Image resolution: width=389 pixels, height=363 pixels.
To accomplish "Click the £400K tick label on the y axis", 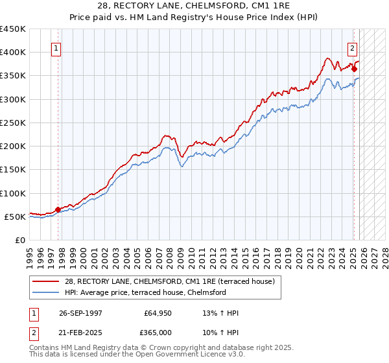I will (13, 53).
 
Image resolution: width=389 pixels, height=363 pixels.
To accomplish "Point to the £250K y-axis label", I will (13, 123).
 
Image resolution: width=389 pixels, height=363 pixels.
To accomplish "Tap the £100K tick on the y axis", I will (13, 193).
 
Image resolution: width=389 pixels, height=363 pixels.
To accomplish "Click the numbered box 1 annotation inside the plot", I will (56, 48).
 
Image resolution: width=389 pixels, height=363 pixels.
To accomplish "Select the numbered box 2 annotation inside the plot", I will (352, 47).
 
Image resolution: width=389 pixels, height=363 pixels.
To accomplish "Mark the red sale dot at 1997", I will (58, 209).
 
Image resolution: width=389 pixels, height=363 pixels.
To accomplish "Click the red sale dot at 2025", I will (355, 68).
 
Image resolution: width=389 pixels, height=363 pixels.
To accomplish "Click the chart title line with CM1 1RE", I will (194, 8).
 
